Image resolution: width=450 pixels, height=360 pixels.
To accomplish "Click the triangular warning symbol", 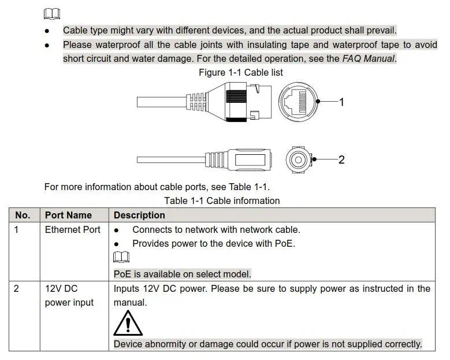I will [128, 324].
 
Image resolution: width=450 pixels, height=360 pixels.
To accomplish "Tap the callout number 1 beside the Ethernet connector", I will [341, 102].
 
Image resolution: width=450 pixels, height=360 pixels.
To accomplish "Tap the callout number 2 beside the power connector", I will [341, 159].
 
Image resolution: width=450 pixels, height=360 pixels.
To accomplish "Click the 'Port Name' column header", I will [68, 215].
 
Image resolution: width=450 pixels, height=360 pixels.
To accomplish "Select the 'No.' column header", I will [23, 215].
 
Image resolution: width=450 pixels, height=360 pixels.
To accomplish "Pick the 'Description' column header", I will [139, 215].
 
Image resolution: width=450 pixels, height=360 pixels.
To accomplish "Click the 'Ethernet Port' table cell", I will [73, 229].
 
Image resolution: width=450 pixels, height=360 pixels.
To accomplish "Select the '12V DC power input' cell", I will [69, 295].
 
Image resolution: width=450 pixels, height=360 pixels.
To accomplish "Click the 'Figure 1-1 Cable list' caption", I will [240, 72].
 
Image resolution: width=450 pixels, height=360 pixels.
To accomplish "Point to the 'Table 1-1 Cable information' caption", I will [222, 201].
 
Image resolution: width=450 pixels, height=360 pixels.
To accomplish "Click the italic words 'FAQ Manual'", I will [368, 58].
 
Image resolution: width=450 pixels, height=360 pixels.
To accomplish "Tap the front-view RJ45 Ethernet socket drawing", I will [297, 102].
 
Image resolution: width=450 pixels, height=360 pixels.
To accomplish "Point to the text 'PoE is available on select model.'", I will [182, 274].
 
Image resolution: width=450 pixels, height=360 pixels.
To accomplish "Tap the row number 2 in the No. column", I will [17, 288].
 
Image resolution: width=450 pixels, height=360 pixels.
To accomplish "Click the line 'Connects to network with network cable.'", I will [216, 229].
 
